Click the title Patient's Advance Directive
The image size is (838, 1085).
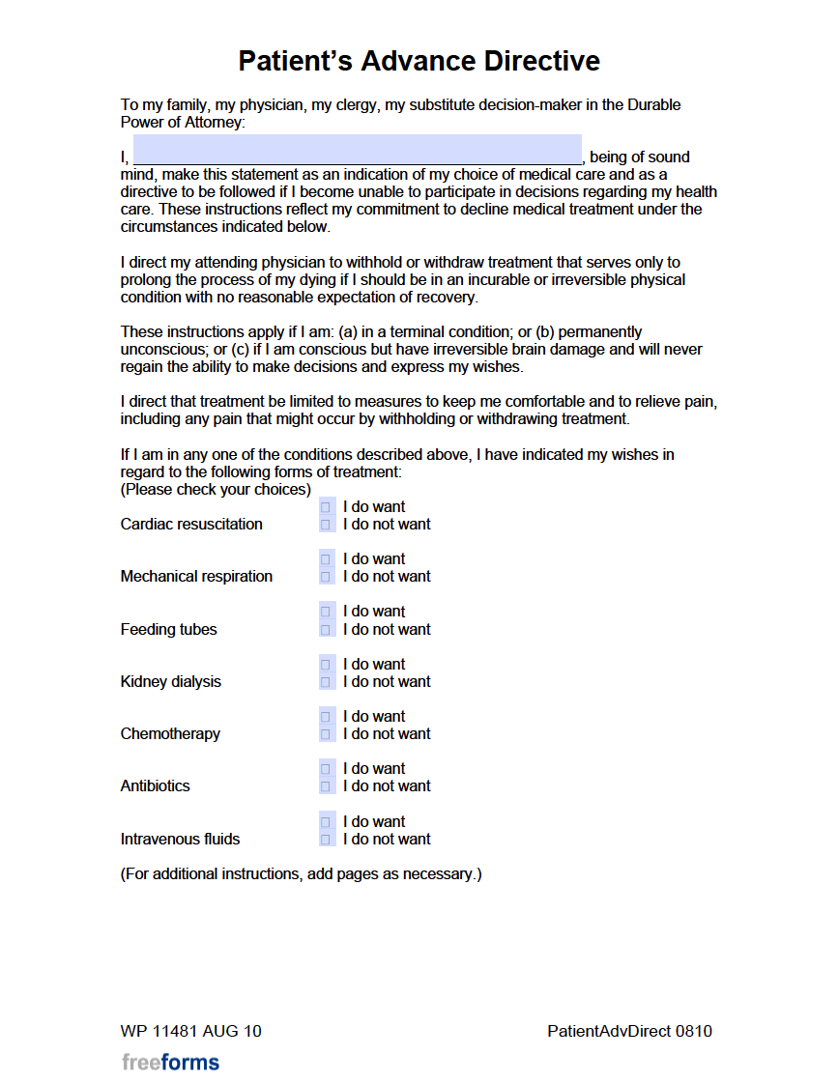click(x=419, y=61)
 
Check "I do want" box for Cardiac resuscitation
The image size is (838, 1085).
click(x=326, y=507)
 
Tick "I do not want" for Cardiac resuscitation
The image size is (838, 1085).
click(x=326, y=525)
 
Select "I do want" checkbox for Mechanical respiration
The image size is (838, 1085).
click(x=326, y=559)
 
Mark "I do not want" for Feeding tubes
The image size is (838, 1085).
click(x=326, y=630)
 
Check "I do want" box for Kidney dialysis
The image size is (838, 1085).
click(x=326, y=665)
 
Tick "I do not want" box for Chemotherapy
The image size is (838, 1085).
click(x=326, y=734)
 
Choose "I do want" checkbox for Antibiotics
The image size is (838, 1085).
click(x=326, y=769)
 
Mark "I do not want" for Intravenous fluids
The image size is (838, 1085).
click(x=326, y=840)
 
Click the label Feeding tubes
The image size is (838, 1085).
click(x=168, y=630)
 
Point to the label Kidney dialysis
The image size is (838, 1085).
click(x=170, y=682)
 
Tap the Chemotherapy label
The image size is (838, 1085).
click(x=170, y=734)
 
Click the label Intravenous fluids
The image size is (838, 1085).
click(x=180, y=840)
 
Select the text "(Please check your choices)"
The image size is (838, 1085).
click(x=216, y=490)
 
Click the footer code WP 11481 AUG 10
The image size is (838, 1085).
click(x=190, y=1031)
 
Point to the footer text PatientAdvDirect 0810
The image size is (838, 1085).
click(x=629, y=1031)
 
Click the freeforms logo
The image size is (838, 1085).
click(x=170, y=1063)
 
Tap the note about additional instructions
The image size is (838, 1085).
click(x=301, y=874)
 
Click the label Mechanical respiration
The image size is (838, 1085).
click(x=196, y=577)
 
